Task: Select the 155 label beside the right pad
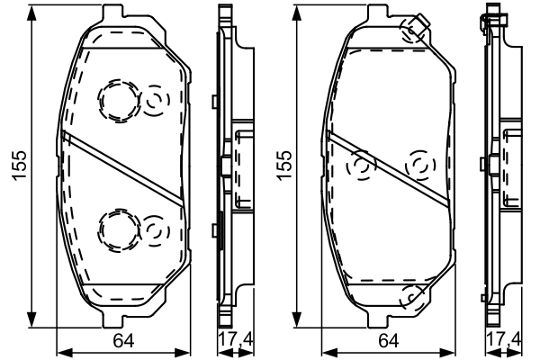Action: click(287, 166)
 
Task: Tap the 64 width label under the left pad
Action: click(123, 339)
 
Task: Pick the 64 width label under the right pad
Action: click(389, 339)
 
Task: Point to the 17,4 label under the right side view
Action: click(502, 339)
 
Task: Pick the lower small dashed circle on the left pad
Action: click(156, 231)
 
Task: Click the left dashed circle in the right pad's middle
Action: click(362, 166)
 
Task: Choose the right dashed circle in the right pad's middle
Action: click(420, 166)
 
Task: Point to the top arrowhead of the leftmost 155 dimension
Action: click(34, 18)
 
